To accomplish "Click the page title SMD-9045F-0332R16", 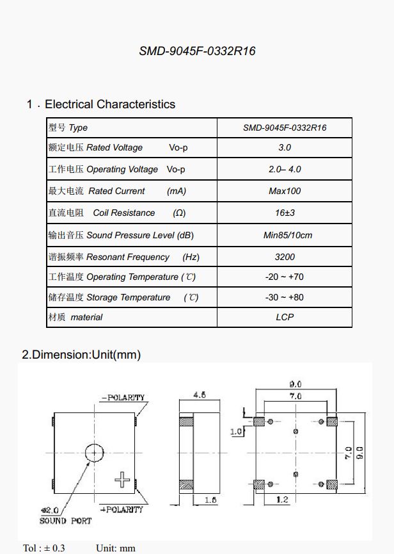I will click(x=197, y=51).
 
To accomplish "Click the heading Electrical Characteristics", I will click(x=109, y=104).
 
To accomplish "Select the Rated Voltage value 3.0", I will click(x=285, y=147).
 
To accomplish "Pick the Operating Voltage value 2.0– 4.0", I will click(x=285, y=169).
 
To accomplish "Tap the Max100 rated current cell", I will click(x=285, y=191).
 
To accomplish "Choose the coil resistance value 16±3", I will click(x=285, y=213).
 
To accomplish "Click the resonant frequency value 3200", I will click(x=285, y=257).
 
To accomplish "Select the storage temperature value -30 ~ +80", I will click(x=285, y=297).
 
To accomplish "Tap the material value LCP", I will click(x=285, y=317).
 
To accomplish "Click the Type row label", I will click(x=68, y=127).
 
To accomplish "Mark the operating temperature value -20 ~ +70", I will click(x=285, y=277).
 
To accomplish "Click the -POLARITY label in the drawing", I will click(x=123, y=398).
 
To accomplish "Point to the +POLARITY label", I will click(x=122, y=509).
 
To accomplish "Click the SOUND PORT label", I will click(x=65, y=521).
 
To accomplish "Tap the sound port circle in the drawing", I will click(x=94, y=453).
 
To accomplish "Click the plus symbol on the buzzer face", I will click(x=122, y=480).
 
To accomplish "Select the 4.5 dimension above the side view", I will click(x=199, y=395).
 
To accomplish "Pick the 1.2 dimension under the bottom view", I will click(x=282, y=500).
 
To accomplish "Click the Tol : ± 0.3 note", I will click(x=44, y=548).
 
